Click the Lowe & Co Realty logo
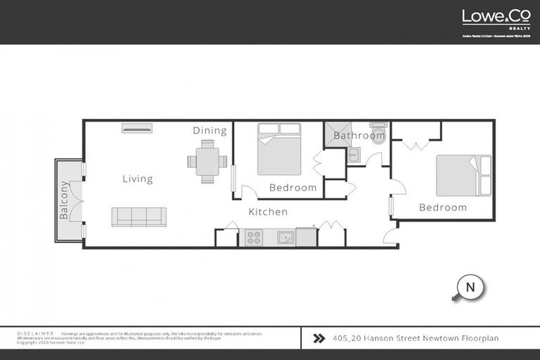(x=496, y=18)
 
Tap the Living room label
(x=137, y=179)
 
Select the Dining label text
(x=210, y=131)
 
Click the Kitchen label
(x=268, y=212)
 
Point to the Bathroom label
(x=359, y=136)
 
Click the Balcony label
(x=64, y=200)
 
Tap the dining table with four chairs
(x=207, y=161)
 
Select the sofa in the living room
(x=139, y=217)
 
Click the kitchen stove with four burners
(x=253, y=238)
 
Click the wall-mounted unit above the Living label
(x=136, y=128)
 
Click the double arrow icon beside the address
(x=319, y=338)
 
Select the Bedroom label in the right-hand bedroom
(x=443, y=207)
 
